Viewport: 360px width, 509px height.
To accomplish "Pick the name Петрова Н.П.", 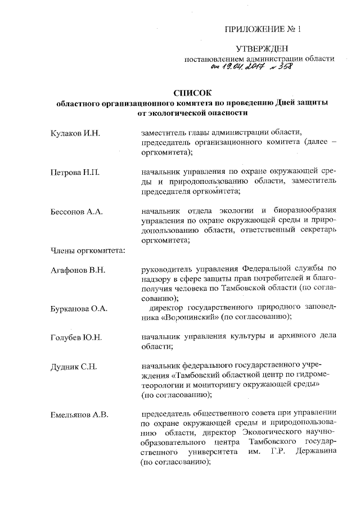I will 74,172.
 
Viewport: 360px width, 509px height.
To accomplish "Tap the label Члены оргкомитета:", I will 84,250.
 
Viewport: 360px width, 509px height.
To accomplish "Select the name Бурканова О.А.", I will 79,309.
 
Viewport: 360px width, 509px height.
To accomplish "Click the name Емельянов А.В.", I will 79,416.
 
